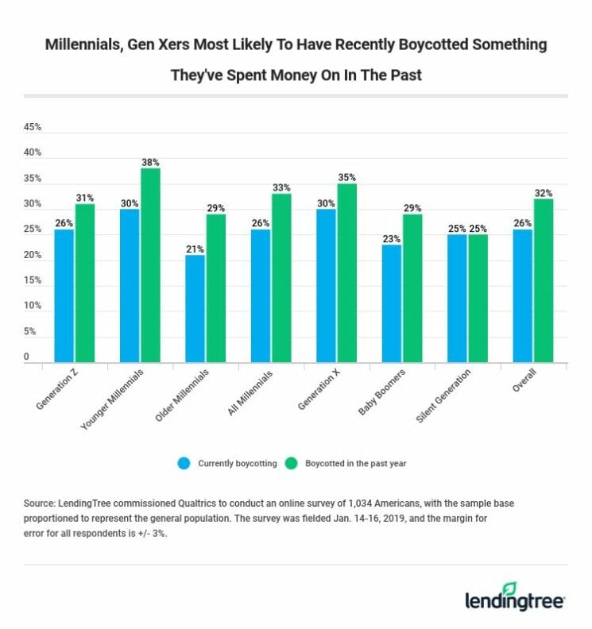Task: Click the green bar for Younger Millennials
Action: [149, 265]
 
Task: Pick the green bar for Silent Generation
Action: [478, 299]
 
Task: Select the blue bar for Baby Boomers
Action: [391, 303]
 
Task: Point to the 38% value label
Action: [150, 161]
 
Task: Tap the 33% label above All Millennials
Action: [281, 187]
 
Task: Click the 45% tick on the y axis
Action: [33, 127]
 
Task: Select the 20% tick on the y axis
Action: [33, 255]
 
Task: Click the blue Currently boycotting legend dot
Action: [184, 463]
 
